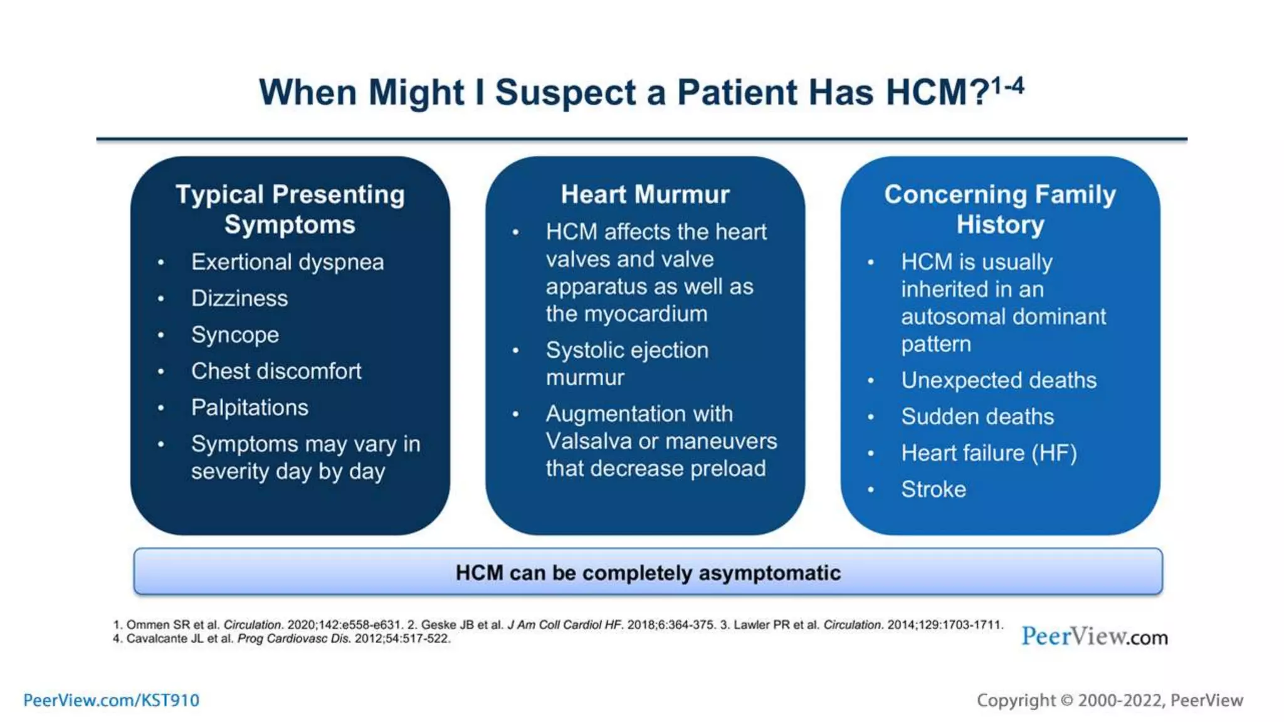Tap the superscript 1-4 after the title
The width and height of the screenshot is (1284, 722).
point(1008,86)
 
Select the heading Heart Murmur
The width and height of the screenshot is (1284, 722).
point(645,194)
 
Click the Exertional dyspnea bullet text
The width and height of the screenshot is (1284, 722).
point(287,262)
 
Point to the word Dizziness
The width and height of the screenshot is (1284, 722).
point(239,298)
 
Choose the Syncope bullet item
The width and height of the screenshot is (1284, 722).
point(234,335)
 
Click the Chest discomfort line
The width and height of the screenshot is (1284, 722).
point(276,371)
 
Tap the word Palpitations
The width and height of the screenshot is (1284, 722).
point(250,407)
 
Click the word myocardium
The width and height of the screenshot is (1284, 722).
point(645,313)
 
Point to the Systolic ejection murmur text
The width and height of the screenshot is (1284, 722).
point(626,364)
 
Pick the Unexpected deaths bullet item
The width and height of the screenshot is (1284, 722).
point(998,380)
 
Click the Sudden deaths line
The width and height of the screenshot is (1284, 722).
point(977,416)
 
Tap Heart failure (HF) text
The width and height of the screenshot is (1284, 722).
point(988,453)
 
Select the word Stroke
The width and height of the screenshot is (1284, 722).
point(933,489)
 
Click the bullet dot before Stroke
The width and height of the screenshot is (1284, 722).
point(870,490)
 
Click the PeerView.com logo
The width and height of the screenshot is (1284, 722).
point(1094,636)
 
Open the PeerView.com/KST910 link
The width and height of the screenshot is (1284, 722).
point(111,700)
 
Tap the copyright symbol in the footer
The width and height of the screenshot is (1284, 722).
point(1066,701)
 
